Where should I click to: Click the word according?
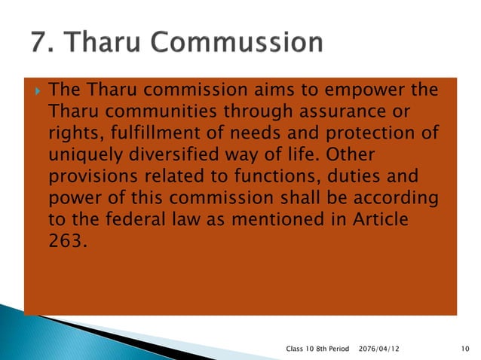(x=396, y=200)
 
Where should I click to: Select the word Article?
(x=378, y=221)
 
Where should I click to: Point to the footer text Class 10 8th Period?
(x=318, y=348)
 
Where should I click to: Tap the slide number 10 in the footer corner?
(x=464, y=348)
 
